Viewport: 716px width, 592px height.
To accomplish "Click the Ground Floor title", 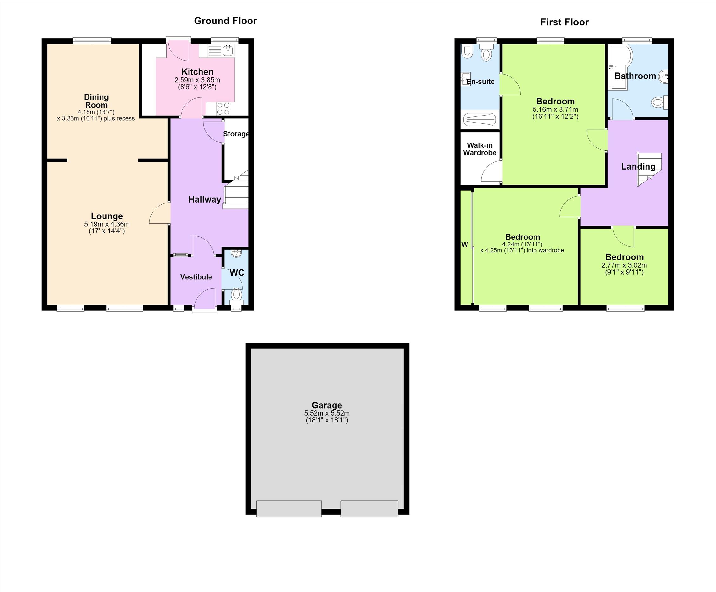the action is [x=225, y=21].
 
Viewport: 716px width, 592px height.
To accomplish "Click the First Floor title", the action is [x=564, y=23].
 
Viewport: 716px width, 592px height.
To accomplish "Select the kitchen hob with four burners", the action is [x=223, y=109].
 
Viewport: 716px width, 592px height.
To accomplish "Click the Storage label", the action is [x=235, y=134].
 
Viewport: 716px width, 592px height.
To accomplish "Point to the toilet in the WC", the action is [x=236, y=295].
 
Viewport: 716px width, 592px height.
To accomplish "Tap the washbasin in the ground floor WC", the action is [x=236, y=253].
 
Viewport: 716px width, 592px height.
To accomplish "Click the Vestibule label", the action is [x=196, y=277].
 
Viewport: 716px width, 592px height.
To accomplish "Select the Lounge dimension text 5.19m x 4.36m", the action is [x=107, y=224].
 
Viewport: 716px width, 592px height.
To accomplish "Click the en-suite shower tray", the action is [x=479, y=119].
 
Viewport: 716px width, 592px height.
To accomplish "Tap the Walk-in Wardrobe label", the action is [x=480, y=149].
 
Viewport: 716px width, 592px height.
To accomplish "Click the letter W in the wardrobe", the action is [x=465, y=244].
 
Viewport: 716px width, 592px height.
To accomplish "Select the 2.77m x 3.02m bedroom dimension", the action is [x=624, y=265].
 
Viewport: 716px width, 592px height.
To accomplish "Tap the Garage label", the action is [x=327, y=405].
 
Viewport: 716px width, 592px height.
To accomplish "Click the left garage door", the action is [x=289, y=509].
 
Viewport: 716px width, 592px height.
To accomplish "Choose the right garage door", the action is [x=369, y=509].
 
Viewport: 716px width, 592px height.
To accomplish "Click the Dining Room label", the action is [x=96, y=101].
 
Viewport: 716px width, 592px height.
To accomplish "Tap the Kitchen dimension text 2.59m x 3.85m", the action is [x=197, y=80].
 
